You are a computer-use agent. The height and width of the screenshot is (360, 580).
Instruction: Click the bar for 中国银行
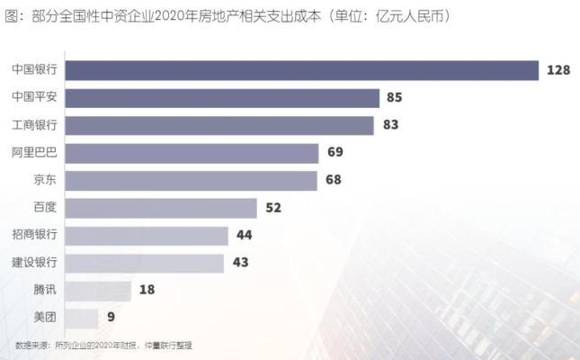302,70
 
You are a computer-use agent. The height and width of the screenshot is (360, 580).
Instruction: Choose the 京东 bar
192,181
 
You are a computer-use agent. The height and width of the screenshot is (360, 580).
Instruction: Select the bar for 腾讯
99,291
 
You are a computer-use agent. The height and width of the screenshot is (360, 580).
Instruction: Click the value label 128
558,70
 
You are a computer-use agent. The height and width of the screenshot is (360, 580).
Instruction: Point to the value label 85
394,97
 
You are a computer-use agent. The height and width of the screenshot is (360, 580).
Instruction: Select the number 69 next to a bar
335,153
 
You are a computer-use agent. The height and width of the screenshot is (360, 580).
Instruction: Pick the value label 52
274,208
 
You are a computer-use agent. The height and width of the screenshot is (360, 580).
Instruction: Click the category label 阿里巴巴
34,153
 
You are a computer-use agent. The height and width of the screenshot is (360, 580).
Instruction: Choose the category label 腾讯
45,291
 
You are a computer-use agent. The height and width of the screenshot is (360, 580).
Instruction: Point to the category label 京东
45,181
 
